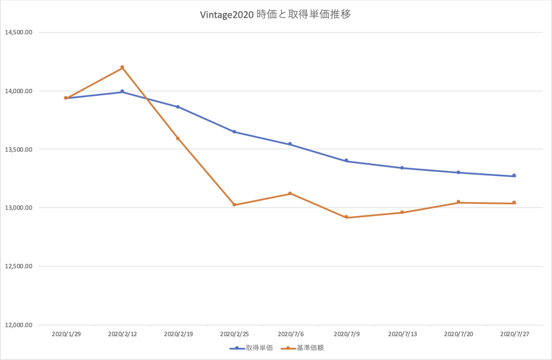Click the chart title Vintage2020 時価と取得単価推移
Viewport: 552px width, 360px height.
pyautogui.click(x=275, y=15)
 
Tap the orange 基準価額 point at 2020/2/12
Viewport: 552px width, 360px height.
pyautogui.click(x=122, y=67)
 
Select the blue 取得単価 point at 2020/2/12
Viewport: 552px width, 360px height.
pyautogui.click(x=122, y=92)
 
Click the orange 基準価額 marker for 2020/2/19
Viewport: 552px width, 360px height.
pyautogui.click(x=178, y=139)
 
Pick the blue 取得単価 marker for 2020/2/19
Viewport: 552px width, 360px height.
pyautogui.click(x=178, y=107)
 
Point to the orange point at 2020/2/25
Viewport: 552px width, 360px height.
pyautogui.click(x=234, y=205)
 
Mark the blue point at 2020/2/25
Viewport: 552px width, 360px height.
pyautogui.click(x=234, y=132)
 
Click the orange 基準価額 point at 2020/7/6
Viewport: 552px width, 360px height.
pyautogui.click(x=290, y=193)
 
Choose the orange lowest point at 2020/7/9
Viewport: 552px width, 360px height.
pyautogui.click(x=346, y=217)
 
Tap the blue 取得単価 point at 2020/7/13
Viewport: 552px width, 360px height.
pyautogui.click(x=402, y=168)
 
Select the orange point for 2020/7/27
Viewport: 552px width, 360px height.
pyautogui.click(x=514, y=203)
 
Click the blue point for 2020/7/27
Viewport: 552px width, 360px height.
pyautogui.click(x=514, y=175)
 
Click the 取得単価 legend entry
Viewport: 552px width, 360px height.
pyautogui.click(x=251, y=348)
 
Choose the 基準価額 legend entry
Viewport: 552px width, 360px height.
pyautogui.click(x=302, y=348)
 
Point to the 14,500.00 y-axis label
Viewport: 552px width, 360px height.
pyautogui.click(x=19, y=32)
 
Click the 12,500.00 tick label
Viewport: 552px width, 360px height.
pyautogui.click(x=19, y=266)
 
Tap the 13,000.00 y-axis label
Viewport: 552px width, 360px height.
pyautogui.click(x=19, y=208)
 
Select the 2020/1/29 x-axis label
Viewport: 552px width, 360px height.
pyautogui.click(x=66, y=334)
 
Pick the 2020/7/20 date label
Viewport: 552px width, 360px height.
pyautogui.click(x=459, y=334)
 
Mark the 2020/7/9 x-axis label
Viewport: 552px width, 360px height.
pyautogui.click(x=347, y=334)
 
